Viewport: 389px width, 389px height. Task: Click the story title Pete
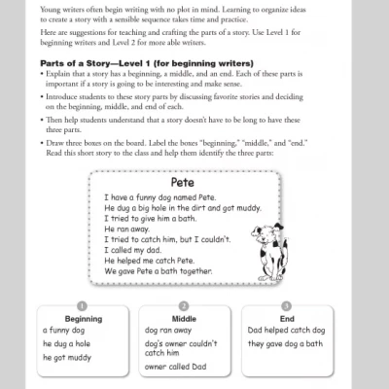182,182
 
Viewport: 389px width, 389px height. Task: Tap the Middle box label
183,318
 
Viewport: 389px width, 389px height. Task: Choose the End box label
287,318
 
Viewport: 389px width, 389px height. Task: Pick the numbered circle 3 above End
287,304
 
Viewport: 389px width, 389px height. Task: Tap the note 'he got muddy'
66,357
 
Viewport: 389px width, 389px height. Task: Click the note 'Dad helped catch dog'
284,330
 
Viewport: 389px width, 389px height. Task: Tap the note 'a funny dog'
65,330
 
